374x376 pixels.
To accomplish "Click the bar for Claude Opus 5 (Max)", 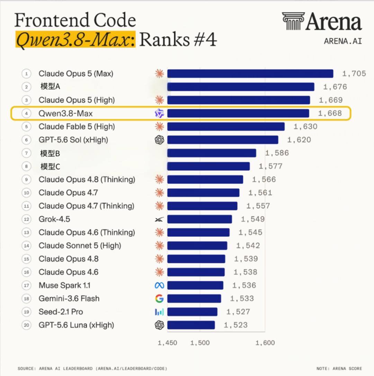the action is [250, 74].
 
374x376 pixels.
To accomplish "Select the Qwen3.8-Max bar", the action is [238, 113].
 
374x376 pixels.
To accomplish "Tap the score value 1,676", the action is [335, 87].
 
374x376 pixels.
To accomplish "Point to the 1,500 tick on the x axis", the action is [200, 343].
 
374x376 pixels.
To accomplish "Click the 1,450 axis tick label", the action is [167, 343].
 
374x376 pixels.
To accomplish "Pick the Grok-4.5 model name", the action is [54, 219].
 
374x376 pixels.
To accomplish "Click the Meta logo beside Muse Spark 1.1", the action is [159, 285].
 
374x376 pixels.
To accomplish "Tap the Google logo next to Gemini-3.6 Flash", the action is [159, 299].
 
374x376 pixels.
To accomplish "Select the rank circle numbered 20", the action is [26, 325].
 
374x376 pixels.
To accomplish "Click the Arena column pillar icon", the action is [293, 21].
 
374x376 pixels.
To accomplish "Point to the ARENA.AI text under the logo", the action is [343, 41].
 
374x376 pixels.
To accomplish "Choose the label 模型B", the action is [50, 153].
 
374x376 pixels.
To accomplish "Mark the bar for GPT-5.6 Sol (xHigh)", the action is [223, 140].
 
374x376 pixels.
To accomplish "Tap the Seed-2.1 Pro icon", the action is [159, 312].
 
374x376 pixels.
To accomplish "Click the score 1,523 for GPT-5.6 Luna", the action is [235, 325].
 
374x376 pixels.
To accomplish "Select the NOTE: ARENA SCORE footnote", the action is [339, 368].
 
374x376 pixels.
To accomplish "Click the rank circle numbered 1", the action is [26, 74].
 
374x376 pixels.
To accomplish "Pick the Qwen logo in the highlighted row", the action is [159, 113].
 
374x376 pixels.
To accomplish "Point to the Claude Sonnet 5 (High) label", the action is [80, 246].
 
